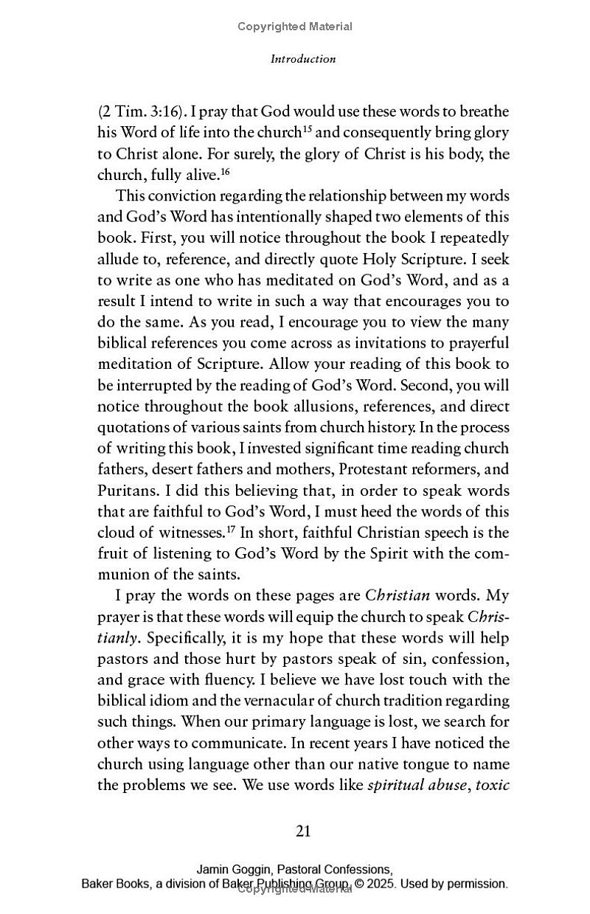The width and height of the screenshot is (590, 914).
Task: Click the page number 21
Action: tap(303, 831)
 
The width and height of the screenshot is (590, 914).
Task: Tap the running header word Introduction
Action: tap(303, 59)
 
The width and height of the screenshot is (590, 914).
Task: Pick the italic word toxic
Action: tap(493, 785)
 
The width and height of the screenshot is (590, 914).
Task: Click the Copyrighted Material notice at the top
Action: tap(295, 27)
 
